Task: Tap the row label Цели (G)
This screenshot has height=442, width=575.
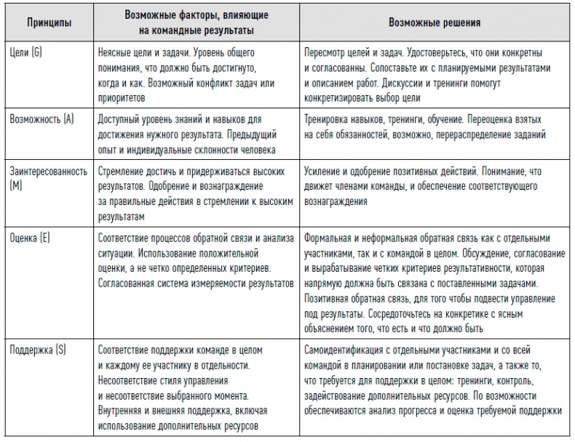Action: [x=27, y=54]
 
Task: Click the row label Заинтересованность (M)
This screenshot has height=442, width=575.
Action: [x=47, y=171]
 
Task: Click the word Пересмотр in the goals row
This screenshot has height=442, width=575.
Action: [x=330, y=54]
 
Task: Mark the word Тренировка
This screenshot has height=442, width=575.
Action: [x=332, y=118]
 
